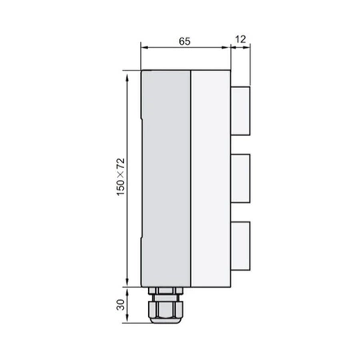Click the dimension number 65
point(185,38)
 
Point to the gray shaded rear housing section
point(166,176)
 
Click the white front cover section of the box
point(210,176)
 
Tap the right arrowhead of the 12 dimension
point(249,46)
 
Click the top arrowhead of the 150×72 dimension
point(126,74)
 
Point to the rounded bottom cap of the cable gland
point(166,316)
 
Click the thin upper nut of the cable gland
point(166,289)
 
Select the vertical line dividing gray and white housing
point(190,176)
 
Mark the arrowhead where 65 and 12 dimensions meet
point(231,46)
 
